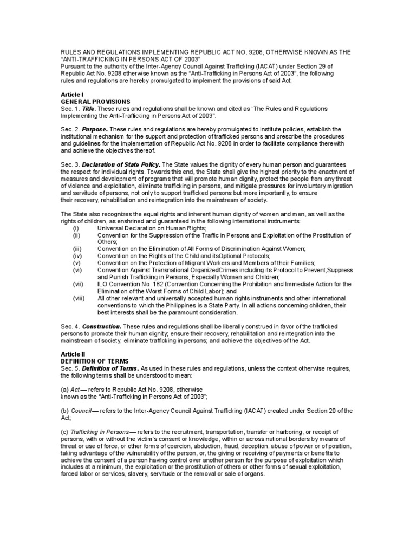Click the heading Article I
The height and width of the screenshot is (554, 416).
pos(72,94)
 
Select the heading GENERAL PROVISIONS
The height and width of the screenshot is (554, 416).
pos(95,101)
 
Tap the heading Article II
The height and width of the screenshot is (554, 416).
pos(73,353)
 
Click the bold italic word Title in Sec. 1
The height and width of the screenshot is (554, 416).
pos(88,109)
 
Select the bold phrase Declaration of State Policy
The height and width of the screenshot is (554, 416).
pos(121,164)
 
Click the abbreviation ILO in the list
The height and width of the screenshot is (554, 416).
pos(102,284)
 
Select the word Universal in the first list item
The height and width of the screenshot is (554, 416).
pos(110,228)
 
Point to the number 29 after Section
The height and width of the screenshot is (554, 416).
pos(345,67)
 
